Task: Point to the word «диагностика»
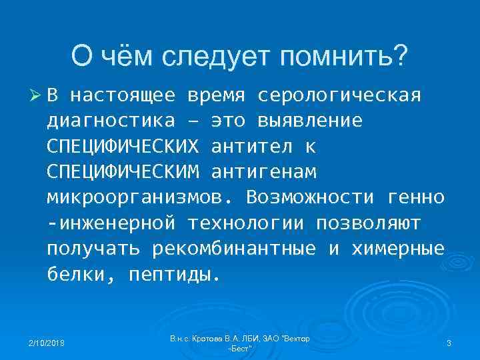[111, 121]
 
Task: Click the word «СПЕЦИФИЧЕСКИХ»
[123, 146]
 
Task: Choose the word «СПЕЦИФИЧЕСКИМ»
[123, 171]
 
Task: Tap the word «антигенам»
[264, 171]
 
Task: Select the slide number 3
[449, 343]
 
